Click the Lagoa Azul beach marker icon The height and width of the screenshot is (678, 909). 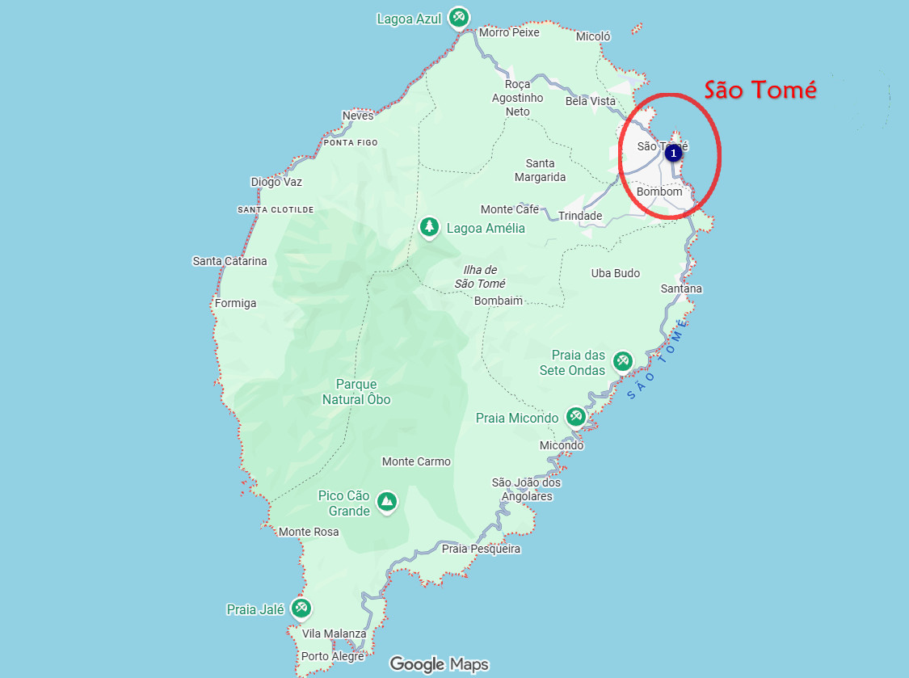459,17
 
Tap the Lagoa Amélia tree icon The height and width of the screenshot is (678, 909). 429,227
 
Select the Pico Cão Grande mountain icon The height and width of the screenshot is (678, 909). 387,502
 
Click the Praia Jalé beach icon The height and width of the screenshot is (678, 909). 301,608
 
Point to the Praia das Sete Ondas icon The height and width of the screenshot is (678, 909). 621,360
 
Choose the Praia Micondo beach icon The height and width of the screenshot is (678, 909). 575,417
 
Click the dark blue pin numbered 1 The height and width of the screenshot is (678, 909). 673,152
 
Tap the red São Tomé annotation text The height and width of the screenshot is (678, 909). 760,90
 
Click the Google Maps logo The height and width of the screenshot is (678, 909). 439,664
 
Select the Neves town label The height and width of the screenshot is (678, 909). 358,116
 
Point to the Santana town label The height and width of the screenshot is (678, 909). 681,288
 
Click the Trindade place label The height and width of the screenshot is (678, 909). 580,216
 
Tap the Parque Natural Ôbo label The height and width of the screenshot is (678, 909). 356,392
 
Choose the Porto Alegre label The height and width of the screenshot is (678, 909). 332,656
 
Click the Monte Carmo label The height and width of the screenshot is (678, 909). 416,461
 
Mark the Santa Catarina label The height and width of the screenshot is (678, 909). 229,260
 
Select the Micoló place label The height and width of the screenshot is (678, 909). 593,36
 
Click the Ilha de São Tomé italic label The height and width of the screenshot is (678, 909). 480,276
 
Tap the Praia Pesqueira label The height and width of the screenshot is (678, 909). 481,549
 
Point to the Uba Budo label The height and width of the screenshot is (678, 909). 615,273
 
